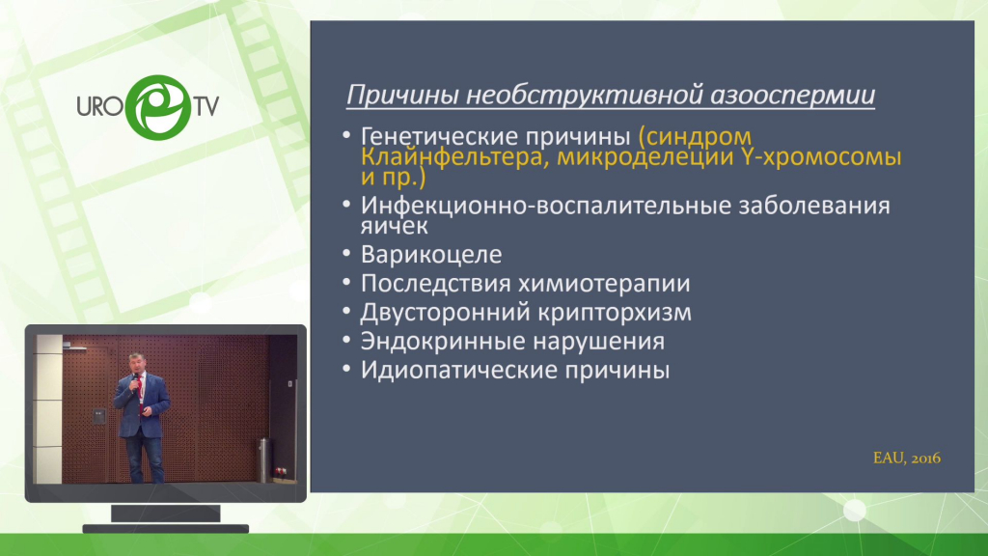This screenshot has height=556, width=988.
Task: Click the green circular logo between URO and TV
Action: (x=157, y=107)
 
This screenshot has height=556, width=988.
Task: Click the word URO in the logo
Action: (x=100, y=106)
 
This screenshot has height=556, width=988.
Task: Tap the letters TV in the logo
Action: (x=206, y=106)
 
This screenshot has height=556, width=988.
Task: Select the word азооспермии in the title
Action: (x=793, y=95)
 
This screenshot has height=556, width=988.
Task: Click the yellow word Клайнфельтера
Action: (x=452, y=157)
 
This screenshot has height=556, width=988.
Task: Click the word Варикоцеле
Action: (x=431, y=254)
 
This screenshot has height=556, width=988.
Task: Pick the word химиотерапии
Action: (x=604, y=284)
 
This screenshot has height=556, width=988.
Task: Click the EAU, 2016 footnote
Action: (x=907, y=459)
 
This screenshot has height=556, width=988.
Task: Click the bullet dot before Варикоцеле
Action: (x=346, y=254)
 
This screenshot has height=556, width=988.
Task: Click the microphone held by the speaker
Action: (x=135, y=380)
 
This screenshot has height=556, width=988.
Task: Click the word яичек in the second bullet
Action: (x=394, y=226)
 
